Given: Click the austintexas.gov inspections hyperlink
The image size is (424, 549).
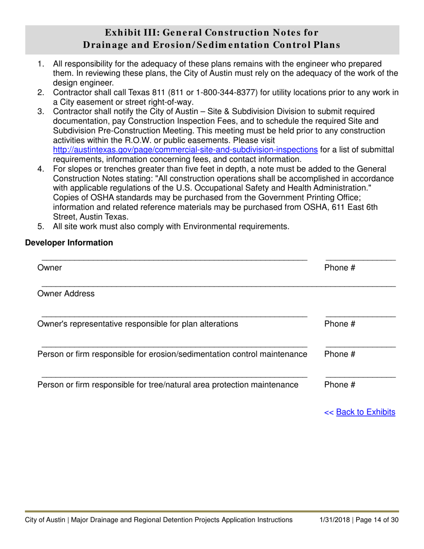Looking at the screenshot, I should tap(185, 150).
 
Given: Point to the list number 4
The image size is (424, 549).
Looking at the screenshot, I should tap(41, 169).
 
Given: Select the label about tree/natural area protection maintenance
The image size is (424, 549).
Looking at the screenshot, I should tap(168, 385).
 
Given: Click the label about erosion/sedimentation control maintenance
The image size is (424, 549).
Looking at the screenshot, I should tap(172, 354).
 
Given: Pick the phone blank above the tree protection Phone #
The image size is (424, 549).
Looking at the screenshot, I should tap(360, 377).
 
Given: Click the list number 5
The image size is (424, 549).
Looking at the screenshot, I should tap(41, 227).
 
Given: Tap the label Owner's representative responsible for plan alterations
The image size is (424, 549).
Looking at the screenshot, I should tap(137, 324).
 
